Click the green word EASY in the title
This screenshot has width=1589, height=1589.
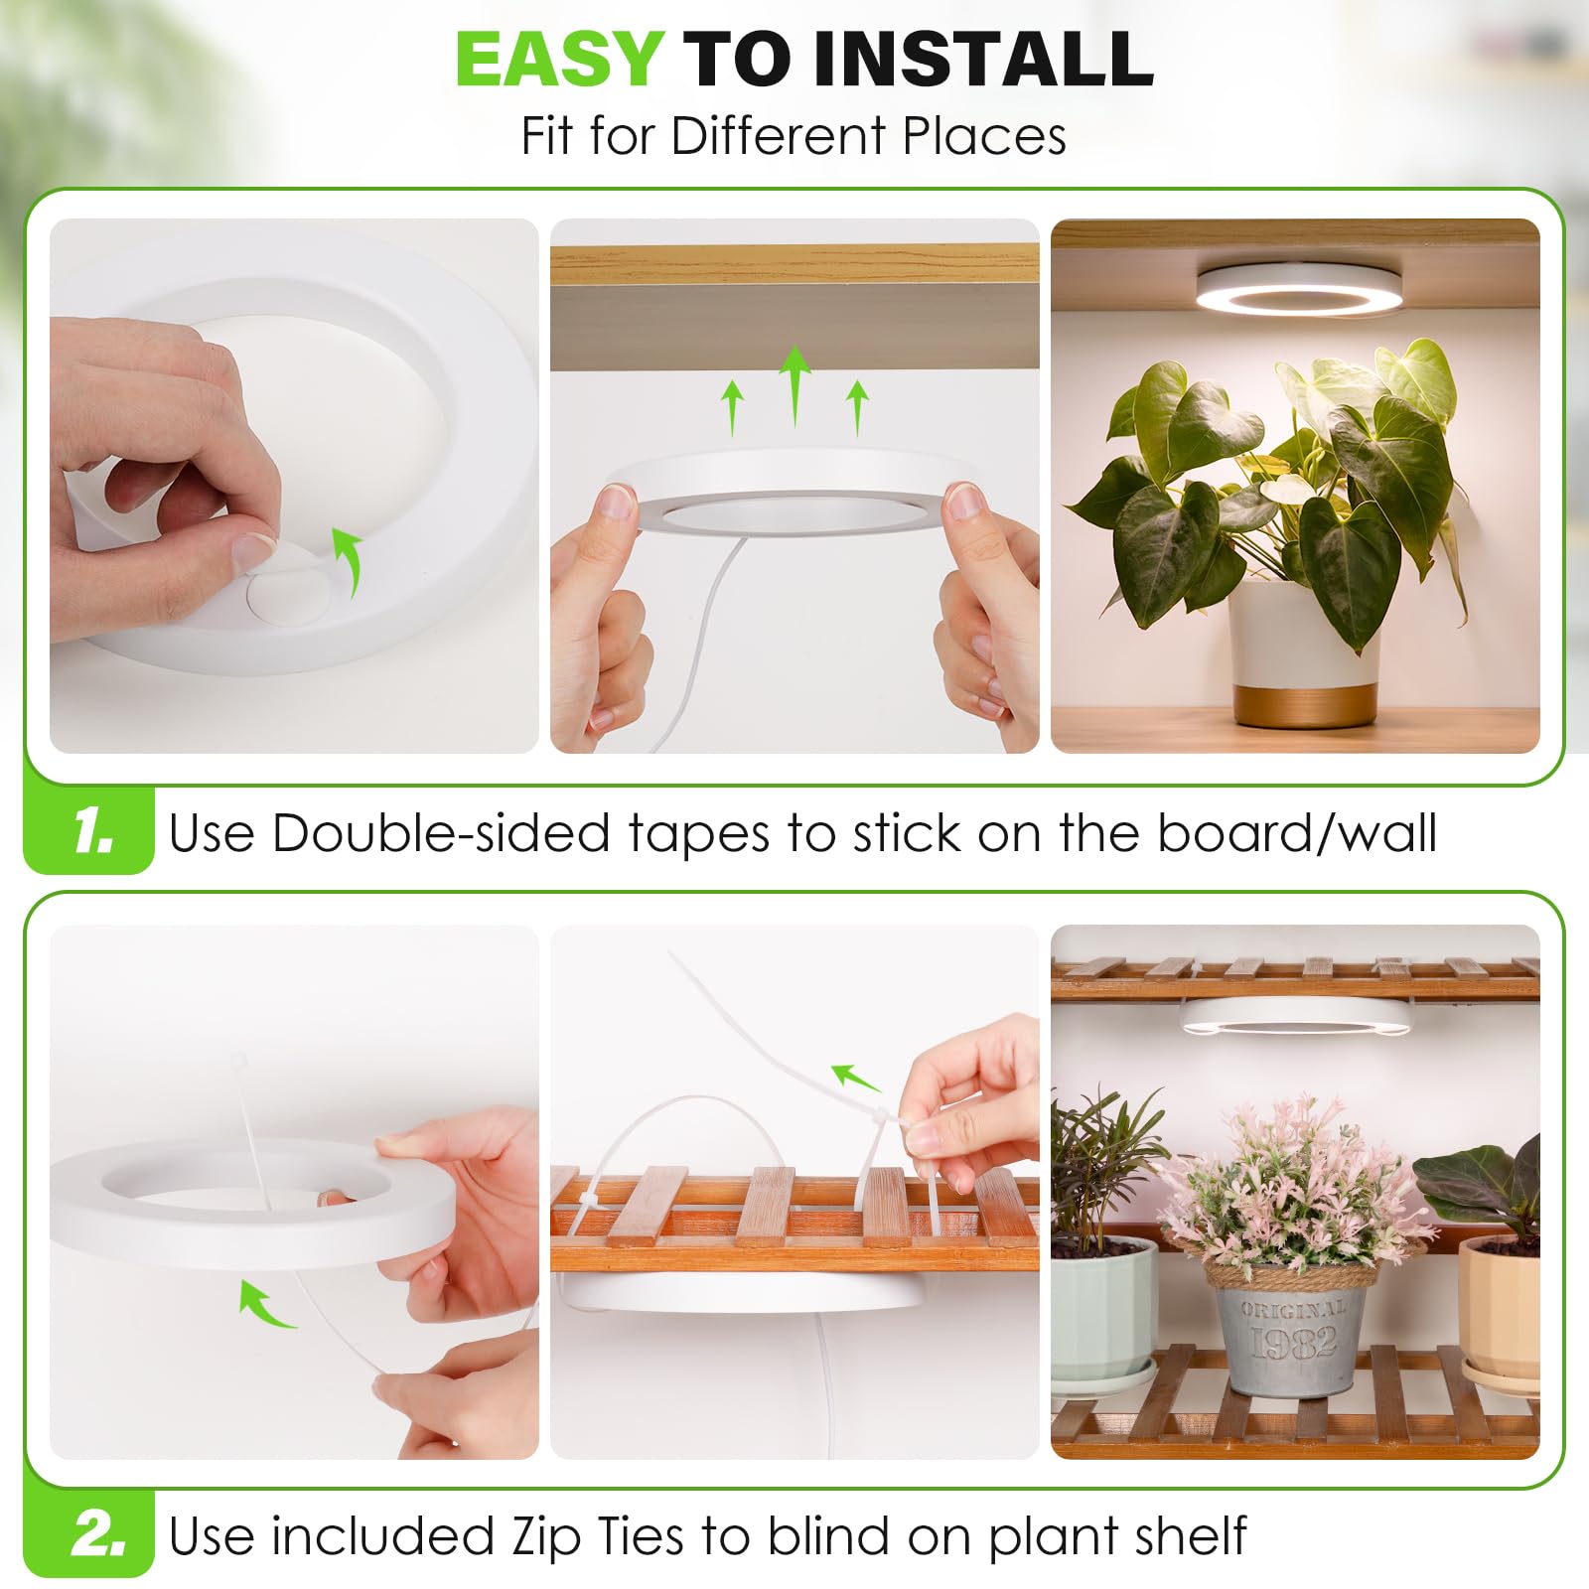(559, 59)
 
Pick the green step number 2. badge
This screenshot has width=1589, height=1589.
(98, 1535)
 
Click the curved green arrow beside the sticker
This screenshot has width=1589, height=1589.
(346, 561)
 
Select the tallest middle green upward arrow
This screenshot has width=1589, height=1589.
(794, 386)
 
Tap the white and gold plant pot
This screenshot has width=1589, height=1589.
(1304, 654)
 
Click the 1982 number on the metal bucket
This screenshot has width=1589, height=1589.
(1294, 1345)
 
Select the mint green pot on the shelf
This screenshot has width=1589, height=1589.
(1102, 1311)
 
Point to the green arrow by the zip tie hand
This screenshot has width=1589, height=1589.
(855, 1078)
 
